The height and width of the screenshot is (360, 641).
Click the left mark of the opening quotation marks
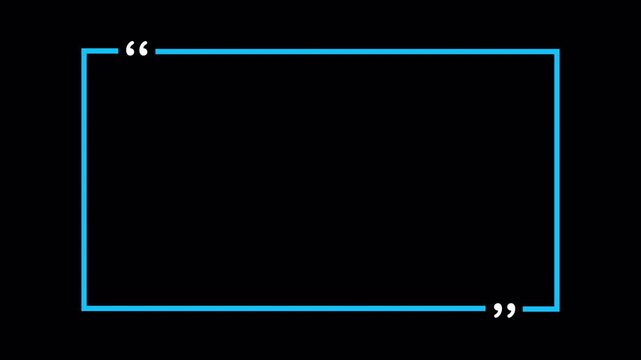[131, 50]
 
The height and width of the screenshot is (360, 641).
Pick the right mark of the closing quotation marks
[512, 310]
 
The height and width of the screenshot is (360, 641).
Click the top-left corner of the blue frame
[84, 51]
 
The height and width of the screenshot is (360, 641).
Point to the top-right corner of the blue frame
[557, 51]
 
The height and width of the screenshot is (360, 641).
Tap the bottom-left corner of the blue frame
[84, 308]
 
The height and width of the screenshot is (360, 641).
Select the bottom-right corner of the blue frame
[557, 308]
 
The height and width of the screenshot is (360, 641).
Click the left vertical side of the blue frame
[84, 180]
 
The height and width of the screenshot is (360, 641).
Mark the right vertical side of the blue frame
[557, 180]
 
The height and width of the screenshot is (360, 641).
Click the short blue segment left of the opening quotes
[100, 51]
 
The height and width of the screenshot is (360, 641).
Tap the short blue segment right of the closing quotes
[541, 308]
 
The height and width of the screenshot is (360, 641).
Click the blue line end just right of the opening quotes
[158, 51]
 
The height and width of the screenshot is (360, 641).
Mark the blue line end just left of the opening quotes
[116, 51]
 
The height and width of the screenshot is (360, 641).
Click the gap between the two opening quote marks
[138, 50]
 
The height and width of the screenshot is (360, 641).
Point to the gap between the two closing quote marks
[506, 310]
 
